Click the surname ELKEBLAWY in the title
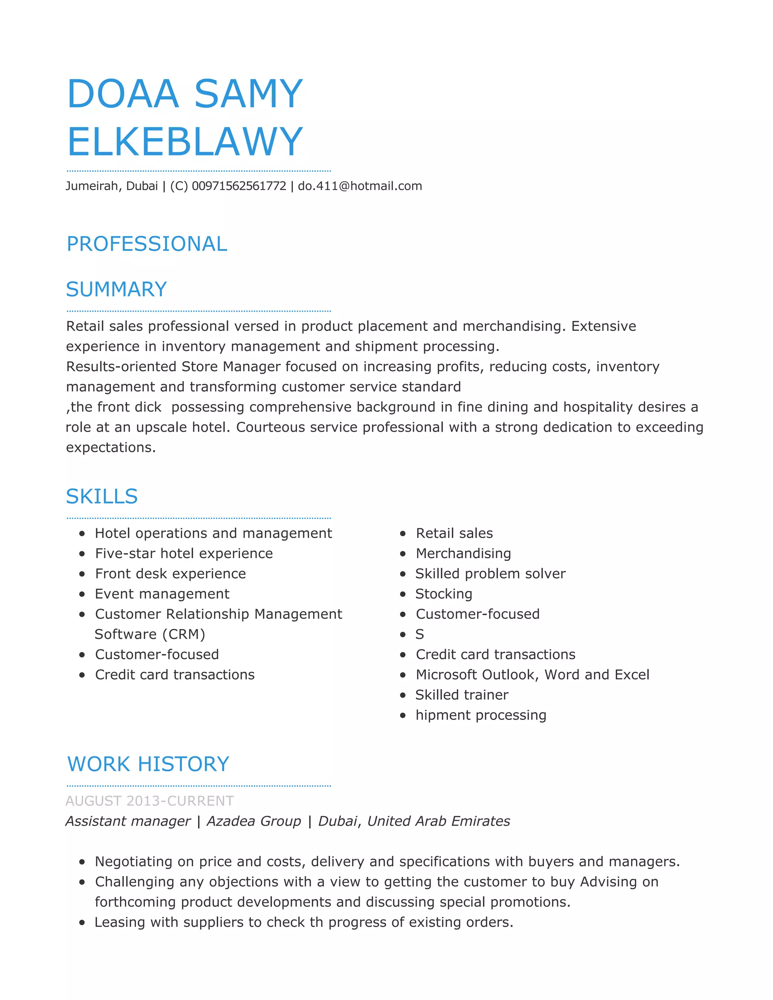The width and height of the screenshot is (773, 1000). click(185, 142)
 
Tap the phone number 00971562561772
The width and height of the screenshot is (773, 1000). click(239, 186)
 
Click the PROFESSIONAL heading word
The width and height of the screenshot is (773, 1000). click(147, 244)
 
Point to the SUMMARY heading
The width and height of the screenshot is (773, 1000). click(116, 289)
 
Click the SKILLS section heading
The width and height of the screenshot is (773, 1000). click(102, 496)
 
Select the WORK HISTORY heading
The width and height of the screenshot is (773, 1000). click(148, 764)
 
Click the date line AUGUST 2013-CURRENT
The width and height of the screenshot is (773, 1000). click(150, 801)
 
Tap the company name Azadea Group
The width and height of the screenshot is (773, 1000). click(254, 821)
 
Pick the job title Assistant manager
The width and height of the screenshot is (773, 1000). click(128, 821)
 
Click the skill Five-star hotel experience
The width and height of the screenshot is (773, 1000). click(184, 554)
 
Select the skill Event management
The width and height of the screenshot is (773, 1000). click(162, 594)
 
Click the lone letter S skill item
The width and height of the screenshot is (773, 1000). click(419, 635)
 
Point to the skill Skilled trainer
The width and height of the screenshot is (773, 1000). click(462, 695)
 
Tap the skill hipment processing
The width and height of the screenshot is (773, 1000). click(481, 715)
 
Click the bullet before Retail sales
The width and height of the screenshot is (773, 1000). click(403, 534)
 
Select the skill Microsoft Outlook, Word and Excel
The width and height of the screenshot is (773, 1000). click(532, 675)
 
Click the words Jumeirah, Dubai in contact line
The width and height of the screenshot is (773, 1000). click(112, 186)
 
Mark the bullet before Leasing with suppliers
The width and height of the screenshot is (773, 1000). click(82, 923)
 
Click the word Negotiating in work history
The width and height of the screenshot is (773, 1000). click(133, 862)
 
